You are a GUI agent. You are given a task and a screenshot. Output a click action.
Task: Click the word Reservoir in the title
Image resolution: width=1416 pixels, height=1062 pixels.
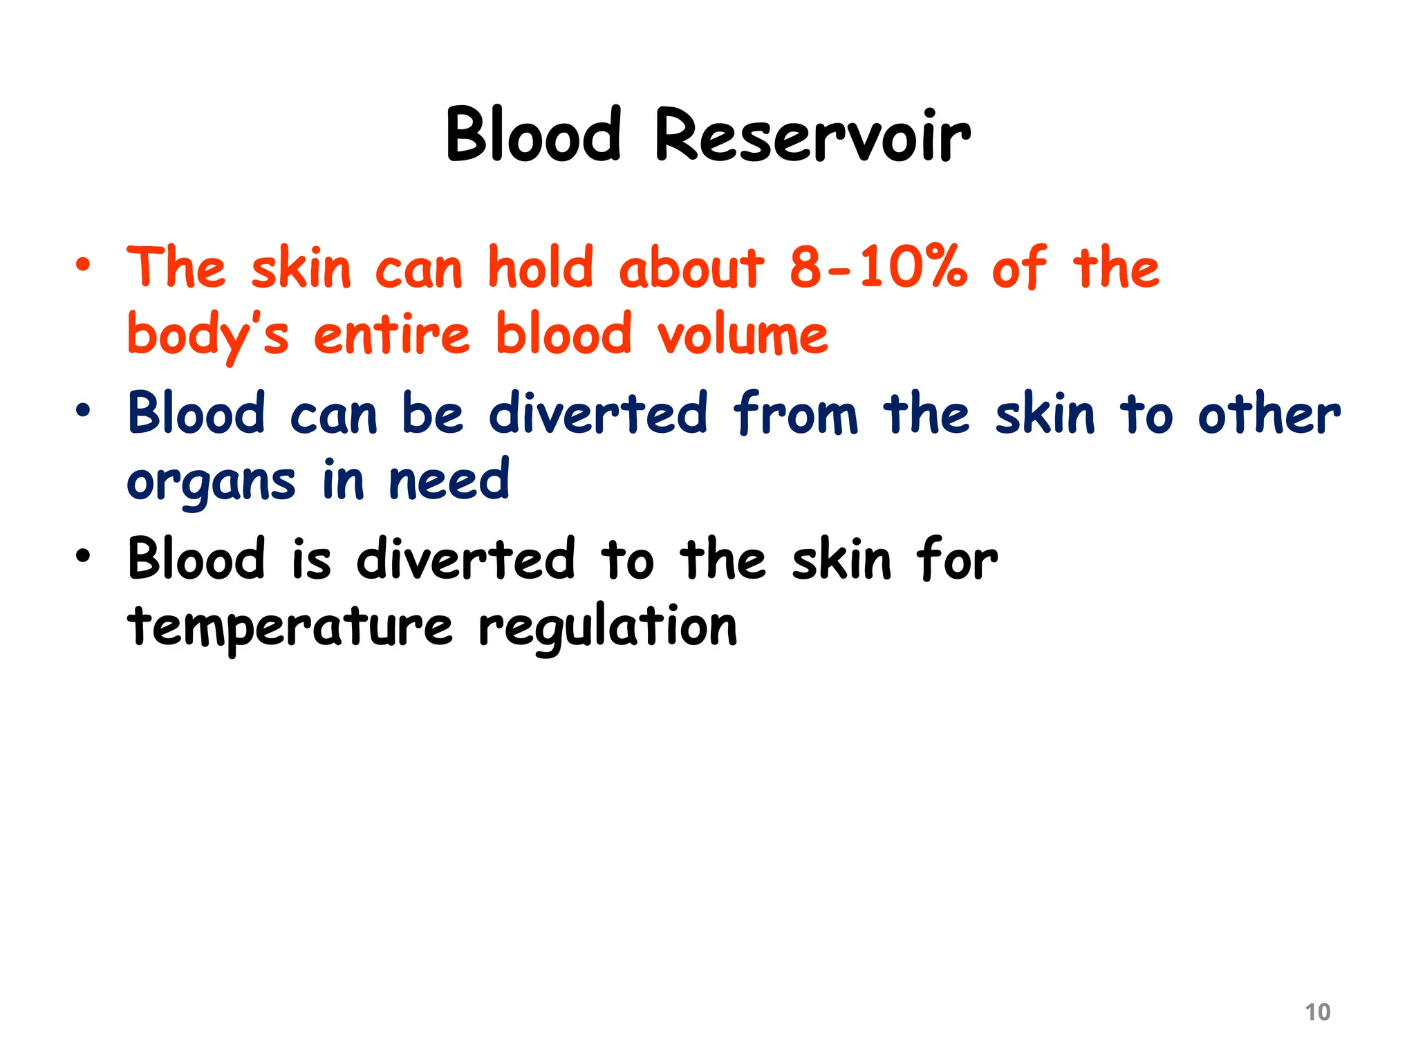812,136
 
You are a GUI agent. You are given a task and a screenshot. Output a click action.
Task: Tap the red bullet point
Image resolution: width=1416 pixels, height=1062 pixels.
83,265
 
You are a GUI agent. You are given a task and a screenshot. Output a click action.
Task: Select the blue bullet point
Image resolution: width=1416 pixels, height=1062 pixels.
83,411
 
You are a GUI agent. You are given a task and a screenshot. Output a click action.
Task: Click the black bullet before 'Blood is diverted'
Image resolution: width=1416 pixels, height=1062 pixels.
83,556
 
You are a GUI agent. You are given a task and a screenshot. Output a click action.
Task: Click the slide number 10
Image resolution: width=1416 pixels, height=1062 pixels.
1317,1012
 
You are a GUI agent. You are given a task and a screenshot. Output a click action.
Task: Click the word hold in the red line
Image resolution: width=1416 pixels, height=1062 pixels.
540,268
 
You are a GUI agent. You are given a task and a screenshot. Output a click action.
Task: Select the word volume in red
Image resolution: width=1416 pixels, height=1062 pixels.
743,335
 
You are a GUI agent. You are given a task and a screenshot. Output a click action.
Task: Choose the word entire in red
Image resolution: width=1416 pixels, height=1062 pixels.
392,335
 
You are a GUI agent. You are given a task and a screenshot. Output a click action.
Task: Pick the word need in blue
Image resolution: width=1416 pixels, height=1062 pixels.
449,481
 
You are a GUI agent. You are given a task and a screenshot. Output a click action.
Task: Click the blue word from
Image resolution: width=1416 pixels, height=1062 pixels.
795,413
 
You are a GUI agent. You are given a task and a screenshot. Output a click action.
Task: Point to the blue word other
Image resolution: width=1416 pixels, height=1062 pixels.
1269,413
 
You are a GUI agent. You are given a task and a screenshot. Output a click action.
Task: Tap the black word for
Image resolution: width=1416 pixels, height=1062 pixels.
957,559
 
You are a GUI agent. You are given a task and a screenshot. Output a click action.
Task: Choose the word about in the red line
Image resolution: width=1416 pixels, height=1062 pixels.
691,268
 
